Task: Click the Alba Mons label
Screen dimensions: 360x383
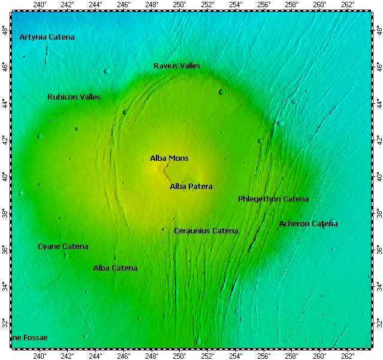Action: coord(169,158)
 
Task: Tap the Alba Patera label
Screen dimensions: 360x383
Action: coord(191,187)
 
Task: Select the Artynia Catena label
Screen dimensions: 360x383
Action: coord(47,37)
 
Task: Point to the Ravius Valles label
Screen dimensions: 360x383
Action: coord(177,65)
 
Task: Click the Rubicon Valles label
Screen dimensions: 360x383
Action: coord(74,97)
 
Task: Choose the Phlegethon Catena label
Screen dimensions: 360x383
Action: coord(273,199)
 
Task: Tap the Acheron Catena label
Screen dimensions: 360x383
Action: coord(308,224)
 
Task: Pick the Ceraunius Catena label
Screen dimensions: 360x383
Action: coord(206,231)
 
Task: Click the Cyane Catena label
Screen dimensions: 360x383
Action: coord(63,247)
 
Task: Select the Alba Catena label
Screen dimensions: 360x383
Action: coord(115,268)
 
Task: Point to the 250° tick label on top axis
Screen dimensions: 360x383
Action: coord(179,5)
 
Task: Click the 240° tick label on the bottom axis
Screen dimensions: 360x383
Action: coord(40,355)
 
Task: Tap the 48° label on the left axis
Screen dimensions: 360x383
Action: coord(5,29)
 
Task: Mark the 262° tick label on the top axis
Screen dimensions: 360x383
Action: coord(348,5)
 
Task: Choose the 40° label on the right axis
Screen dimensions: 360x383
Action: coord(378,176)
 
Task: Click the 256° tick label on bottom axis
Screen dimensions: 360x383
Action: coord(264,355)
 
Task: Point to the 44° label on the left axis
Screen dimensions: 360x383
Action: coord(5,103)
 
